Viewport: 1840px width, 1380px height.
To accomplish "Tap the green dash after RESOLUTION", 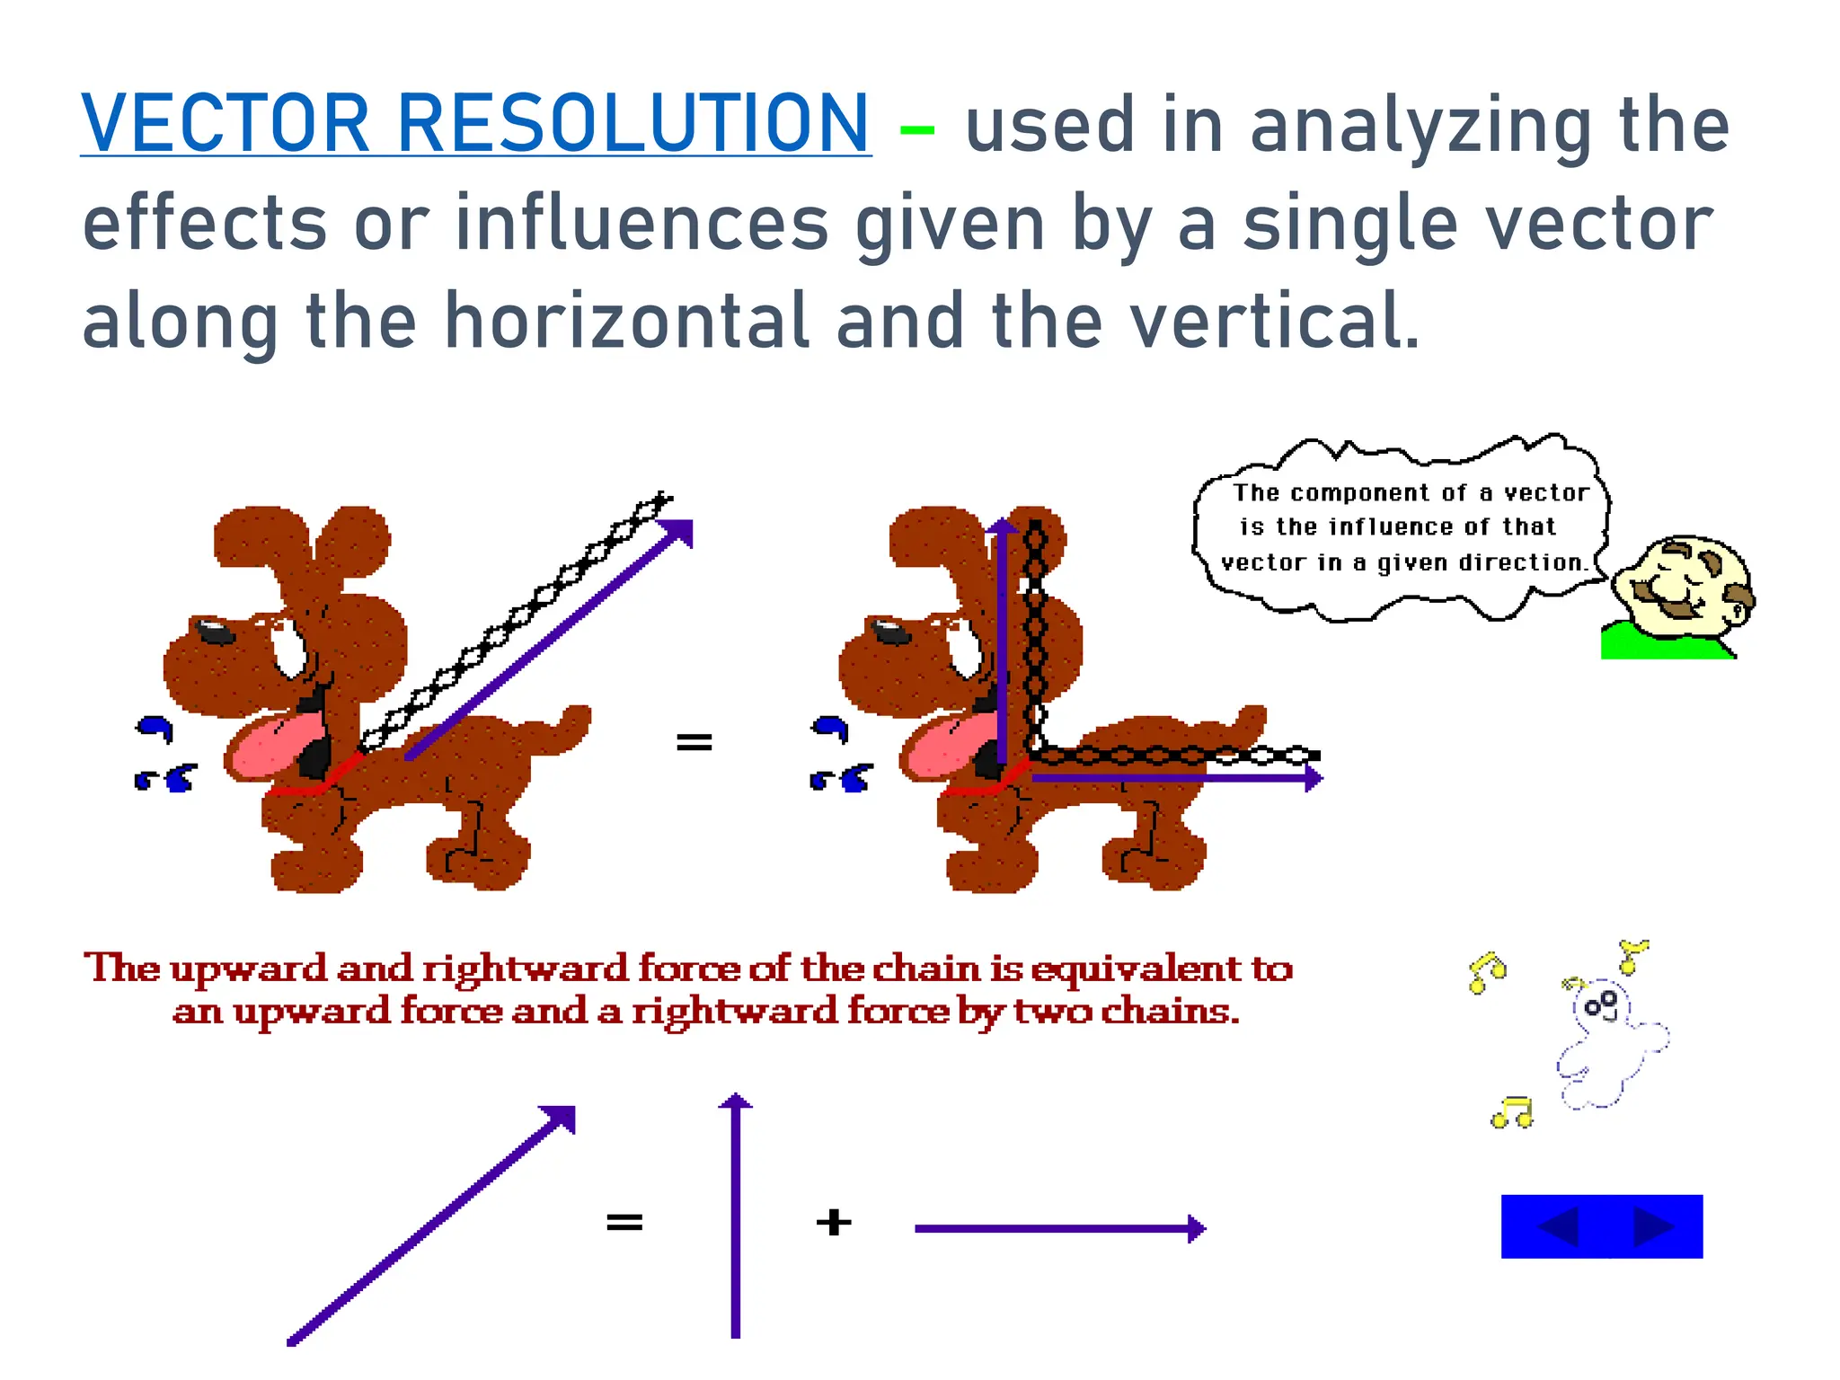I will point(916,130).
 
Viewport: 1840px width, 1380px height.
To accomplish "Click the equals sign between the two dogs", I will point(694,742).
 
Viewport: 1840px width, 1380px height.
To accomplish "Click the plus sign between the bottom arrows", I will point(834,1222).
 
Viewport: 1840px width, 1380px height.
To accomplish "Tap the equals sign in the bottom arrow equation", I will point(624,1222).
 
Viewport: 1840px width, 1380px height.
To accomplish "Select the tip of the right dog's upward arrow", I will point(1002,526).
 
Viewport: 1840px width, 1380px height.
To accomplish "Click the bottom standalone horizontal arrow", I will point(1060,1228).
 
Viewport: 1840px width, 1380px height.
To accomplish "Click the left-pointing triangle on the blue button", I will point(1560,1227).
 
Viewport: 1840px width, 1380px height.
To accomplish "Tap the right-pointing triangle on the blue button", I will point(1651,1227).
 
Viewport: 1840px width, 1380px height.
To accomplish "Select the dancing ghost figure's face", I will point(1602,1005).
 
